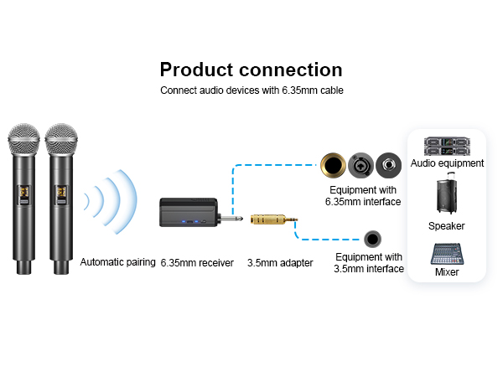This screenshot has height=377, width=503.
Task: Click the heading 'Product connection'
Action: click(251, 70)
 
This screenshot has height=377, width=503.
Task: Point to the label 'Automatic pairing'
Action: click(118, 262)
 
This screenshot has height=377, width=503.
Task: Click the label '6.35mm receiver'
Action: click(197, 263)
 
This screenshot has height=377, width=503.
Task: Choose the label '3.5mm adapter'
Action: click(280, 263)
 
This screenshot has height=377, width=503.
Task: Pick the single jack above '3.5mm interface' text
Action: click(373, 240)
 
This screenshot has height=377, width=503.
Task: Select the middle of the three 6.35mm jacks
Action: click(362, 164)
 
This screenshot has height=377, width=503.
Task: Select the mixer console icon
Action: click(447, 253)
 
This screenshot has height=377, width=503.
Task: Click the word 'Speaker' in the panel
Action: click(446, 226)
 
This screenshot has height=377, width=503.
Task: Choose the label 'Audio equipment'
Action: click(447, 163)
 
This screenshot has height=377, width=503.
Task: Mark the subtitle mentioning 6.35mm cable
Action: click(251, 90)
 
